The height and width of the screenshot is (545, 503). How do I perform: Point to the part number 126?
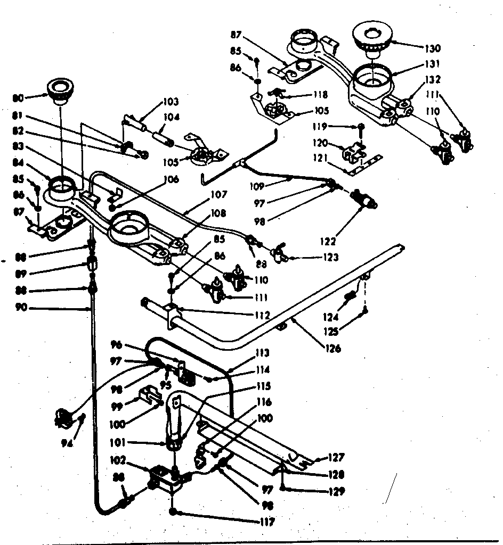[x=333, y=349]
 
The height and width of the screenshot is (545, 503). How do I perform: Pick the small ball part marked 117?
[x=174, y=512]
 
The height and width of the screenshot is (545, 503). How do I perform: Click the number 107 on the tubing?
[x=219, y=194]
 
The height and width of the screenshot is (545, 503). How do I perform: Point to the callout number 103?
[x=171, y=101]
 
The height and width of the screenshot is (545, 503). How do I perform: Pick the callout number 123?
[x=330, y=258]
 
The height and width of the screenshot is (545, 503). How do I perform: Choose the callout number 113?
[x=262, y=352]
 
